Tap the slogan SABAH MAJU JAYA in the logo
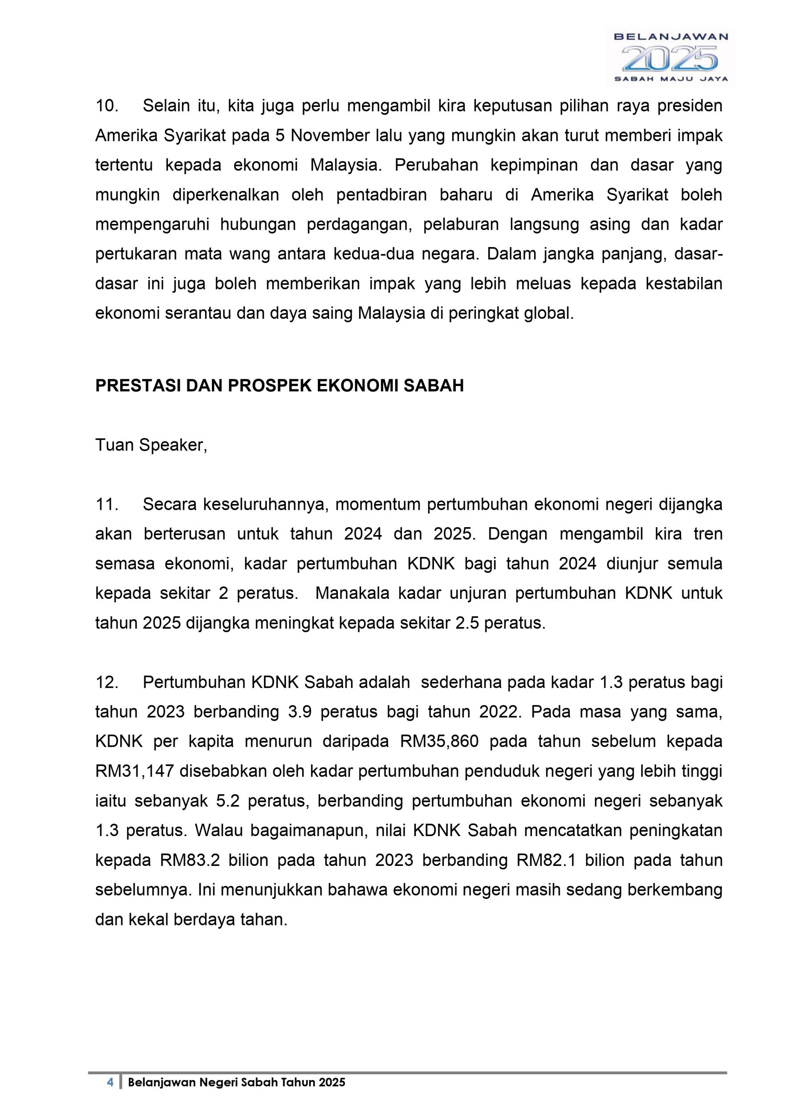point(671,79)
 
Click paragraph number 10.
point(107,106)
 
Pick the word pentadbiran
point(381,195)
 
